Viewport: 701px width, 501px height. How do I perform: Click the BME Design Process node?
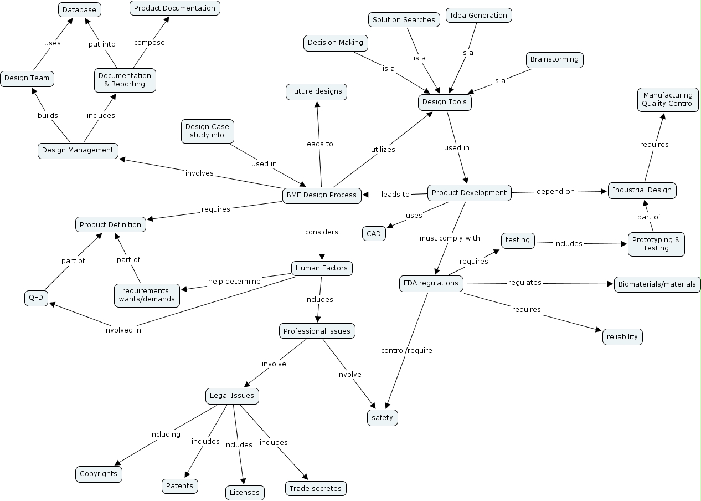(x=322, y=195)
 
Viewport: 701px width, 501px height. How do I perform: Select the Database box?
(x=79, y=10)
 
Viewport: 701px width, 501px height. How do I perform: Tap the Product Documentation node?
(x=174, y=8)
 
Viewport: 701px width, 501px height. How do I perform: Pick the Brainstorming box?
(x=554, y=59)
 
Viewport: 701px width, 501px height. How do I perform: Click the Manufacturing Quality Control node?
(x=668, y=99)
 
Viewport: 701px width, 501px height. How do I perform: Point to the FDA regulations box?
(x=431, y=283)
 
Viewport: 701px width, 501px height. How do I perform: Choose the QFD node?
(x=37, y=298)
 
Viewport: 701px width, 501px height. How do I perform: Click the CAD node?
(x=374, y=233)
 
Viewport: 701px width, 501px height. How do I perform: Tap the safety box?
(x=382, y=417)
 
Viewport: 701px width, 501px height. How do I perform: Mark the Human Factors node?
(x=322, y=268)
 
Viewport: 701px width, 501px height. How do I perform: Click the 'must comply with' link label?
(x=450, y=238)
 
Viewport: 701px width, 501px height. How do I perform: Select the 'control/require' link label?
(x=406, y=351)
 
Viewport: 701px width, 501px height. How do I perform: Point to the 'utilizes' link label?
(x=383, y=150)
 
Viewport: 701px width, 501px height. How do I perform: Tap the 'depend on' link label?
(x=555, y=192)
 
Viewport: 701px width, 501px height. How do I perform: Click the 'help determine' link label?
(x=234, y=282)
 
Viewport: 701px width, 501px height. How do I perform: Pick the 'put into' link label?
(x=102, y=44)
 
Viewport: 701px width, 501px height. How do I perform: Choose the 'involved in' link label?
(x=122, y=330)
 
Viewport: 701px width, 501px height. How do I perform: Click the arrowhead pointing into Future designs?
(x=317, y=104)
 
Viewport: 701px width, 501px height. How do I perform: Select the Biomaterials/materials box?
(x=657, y=284)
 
